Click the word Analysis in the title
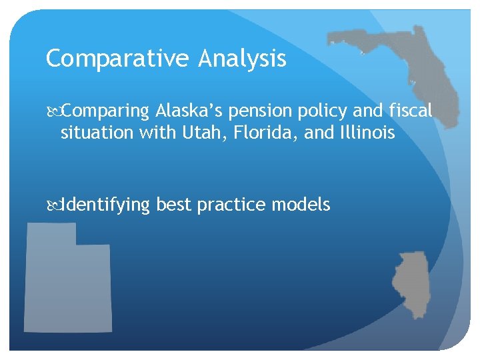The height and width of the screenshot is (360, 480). pyautogui.click(x=242, y=59)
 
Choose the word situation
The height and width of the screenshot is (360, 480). pyautogui.click(x=97, y=133)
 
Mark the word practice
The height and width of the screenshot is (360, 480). pyautogui.click(x=231, y=205)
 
